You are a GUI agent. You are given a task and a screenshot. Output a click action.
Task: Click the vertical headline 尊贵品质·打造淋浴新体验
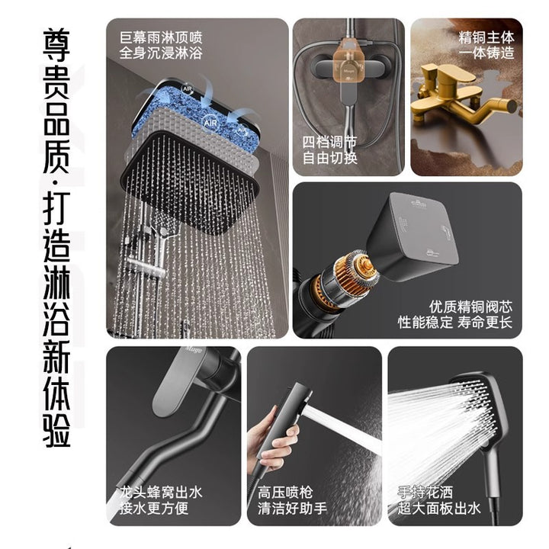click(56, 238)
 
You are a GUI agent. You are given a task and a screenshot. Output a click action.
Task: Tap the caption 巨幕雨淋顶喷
click(161, 37)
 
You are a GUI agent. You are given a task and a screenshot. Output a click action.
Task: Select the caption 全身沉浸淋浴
click(161, 53)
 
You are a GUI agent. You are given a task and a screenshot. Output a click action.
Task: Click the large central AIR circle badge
click(210, 123)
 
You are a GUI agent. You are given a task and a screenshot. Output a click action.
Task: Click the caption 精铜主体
click(486, 37)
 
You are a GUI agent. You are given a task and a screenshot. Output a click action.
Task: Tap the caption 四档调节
click(329, 142)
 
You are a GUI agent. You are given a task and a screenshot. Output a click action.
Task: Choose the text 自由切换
click(329, 158)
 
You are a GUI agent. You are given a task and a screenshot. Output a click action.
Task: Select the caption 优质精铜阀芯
click(470, 307)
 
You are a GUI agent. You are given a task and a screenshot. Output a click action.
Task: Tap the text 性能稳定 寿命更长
click(454, 322)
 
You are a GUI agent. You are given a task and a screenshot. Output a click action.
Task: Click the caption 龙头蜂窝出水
click(161, 493)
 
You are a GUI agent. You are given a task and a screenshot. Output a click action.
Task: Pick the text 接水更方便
click(154, 508)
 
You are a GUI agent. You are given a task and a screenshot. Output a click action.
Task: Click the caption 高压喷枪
click(285, 493)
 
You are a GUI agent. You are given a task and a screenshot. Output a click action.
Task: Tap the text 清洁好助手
click(292, 508)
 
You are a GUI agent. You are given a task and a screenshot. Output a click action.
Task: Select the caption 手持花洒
click(425, 493)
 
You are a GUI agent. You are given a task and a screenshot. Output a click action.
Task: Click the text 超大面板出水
click(439, 508)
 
